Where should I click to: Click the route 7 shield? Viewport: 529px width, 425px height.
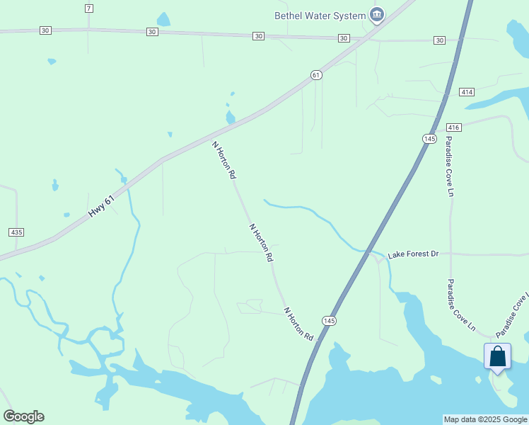tap(88, 8)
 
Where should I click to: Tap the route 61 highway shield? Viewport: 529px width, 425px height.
tap(316, 75)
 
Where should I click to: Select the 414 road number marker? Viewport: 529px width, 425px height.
tap(467, 92)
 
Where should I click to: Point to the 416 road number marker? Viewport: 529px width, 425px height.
tap(454, 127)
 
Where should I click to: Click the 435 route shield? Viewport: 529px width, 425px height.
tap(16, 232)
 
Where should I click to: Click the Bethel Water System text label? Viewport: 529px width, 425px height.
tap(320, 16)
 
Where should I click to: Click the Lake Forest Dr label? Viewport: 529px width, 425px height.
tap(414, 254)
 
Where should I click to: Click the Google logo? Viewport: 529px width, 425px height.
tap(23, 416)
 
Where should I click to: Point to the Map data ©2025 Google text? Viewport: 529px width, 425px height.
tap(485, 419)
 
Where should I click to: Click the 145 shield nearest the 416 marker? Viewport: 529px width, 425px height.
tap(429, 138)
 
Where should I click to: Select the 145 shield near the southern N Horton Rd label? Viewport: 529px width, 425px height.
tap(328, 321)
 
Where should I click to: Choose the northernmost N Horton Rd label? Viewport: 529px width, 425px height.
tap(224, 159)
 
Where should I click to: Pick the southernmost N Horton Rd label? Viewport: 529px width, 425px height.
tap(298, 324)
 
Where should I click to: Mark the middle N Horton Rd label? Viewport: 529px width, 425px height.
tap(260, 243)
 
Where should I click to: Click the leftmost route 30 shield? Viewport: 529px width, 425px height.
tap(46, 30)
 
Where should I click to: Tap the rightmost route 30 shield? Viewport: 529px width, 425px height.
tap(440, 40)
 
